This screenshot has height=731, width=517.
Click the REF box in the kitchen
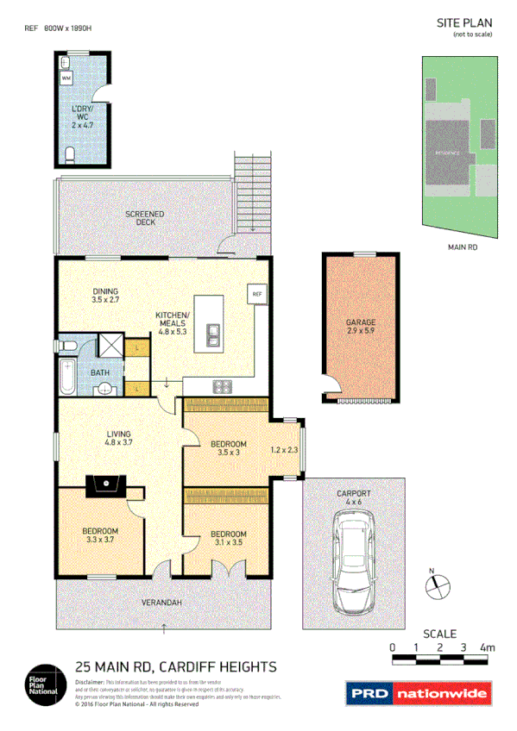256,295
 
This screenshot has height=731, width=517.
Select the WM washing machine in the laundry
67,78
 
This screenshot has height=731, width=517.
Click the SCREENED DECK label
144,217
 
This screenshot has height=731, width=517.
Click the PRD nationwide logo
419,692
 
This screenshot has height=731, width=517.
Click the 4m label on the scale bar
488,646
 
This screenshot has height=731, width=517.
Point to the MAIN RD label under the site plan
463,247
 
